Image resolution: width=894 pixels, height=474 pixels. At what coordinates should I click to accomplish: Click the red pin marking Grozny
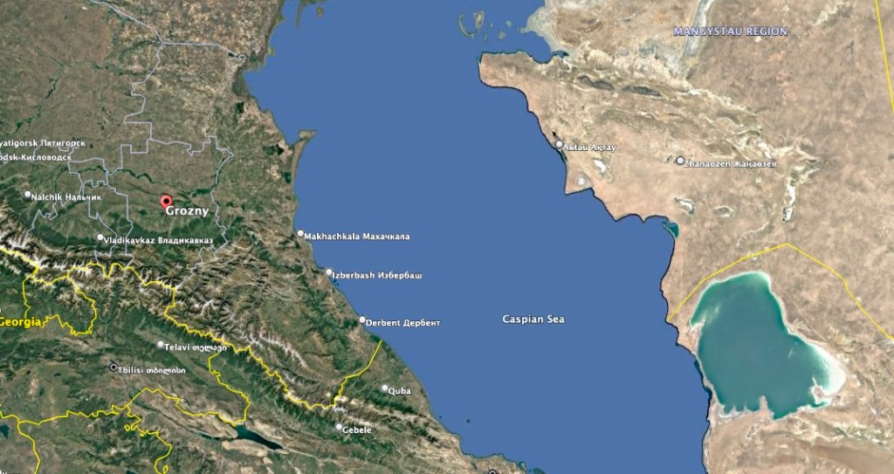click(166, 202)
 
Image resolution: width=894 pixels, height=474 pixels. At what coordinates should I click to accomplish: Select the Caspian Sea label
click(533, 319)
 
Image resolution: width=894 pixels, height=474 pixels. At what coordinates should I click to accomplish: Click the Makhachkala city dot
click(300, 234)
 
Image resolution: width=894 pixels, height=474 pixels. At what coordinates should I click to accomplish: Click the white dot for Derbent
click(362, 319)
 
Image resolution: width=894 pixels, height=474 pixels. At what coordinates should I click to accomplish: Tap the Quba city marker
click(384, 388)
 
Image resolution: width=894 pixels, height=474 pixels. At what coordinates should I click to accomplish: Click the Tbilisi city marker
click(113, 368)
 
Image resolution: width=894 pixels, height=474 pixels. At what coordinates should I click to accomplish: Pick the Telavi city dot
click(161, 345)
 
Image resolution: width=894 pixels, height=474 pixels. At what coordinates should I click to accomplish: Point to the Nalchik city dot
click(28, 195)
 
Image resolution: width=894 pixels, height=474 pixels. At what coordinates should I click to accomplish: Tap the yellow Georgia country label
click(20, 323)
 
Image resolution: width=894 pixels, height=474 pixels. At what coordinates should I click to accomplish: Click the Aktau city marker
click(559, 144)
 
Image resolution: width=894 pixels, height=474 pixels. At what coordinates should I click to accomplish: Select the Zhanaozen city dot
click(680, 161)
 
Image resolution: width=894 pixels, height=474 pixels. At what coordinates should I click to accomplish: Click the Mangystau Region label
click(730, 31)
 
